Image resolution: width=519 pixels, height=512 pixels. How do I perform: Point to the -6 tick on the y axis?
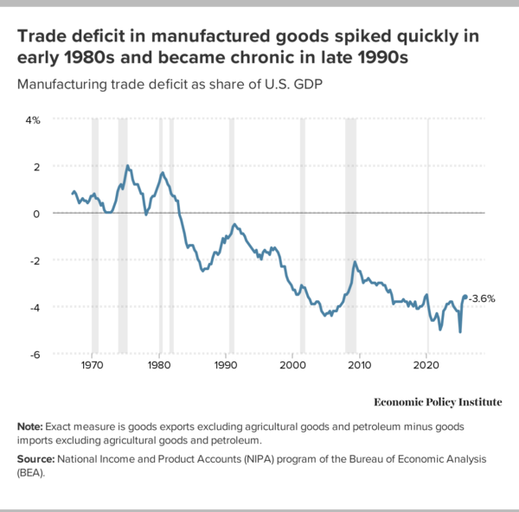pyautogui.click(x=35, y=354)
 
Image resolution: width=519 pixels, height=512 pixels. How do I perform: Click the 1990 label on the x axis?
pyautogui.click(x=226, y=366)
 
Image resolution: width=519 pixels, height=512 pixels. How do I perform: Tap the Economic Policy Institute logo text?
pyautogui.click(x=437, y=401)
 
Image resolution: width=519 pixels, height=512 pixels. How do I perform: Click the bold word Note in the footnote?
pyautogui.click(x=31, y=426)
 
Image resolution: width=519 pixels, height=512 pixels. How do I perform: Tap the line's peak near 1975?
pyautogui.click(x=128, y=166)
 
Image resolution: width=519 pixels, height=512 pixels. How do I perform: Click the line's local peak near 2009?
pyautogui.click(x=354, y=261)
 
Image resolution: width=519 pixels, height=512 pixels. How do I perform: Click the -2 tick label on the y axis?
pyautogui.click(x=35, y=259)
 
